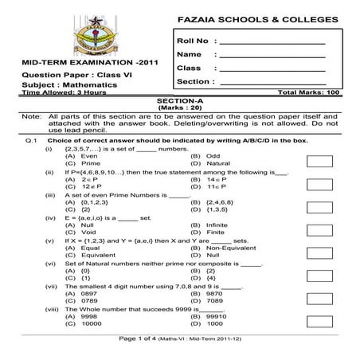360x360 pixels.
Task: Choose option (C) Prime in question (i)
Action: tap(83, 162)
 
